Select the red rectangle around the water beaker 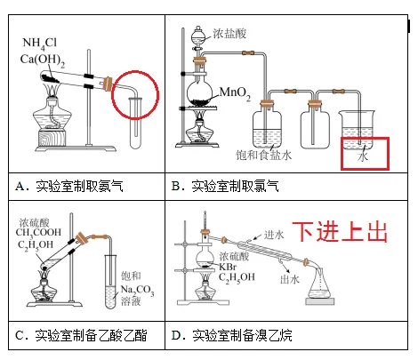coord(365,152)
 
